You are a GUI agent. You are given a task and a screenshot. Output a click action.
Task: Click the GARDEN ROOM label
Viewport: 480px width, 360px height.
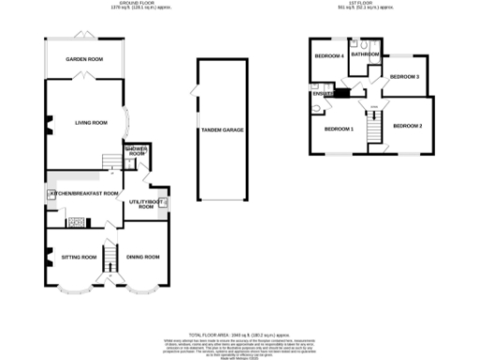[83, 59]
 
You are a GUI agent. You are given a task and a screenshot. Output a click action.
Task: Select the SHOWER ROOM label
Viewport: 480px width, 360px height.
[137, 152]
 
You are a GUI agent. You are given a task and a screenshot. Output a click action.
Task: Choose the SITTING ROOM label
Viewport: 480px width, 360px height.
[79, 256]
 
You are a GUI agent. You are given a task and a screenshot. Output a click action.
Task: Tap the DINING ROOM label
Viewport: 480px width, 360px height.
[144, 256]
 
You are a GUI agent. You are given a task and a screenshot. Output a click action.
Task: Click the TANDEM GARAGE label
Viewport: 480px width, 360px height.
[222, 129]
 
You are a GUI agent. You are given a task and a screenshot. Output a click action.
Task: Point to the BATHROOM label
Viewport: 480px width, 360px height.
[364, 55]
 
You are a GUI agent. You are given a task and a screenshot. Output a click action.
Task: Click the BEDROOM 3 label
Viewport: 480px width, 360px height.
[404, 76]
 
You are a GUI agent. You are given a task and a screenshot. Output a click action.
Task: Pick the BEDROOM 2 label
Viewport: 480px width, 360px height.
[408, 126]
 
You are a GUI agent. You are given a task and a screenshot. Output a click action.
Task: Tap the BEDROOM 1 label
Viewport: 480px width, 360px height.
[338, 128]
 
